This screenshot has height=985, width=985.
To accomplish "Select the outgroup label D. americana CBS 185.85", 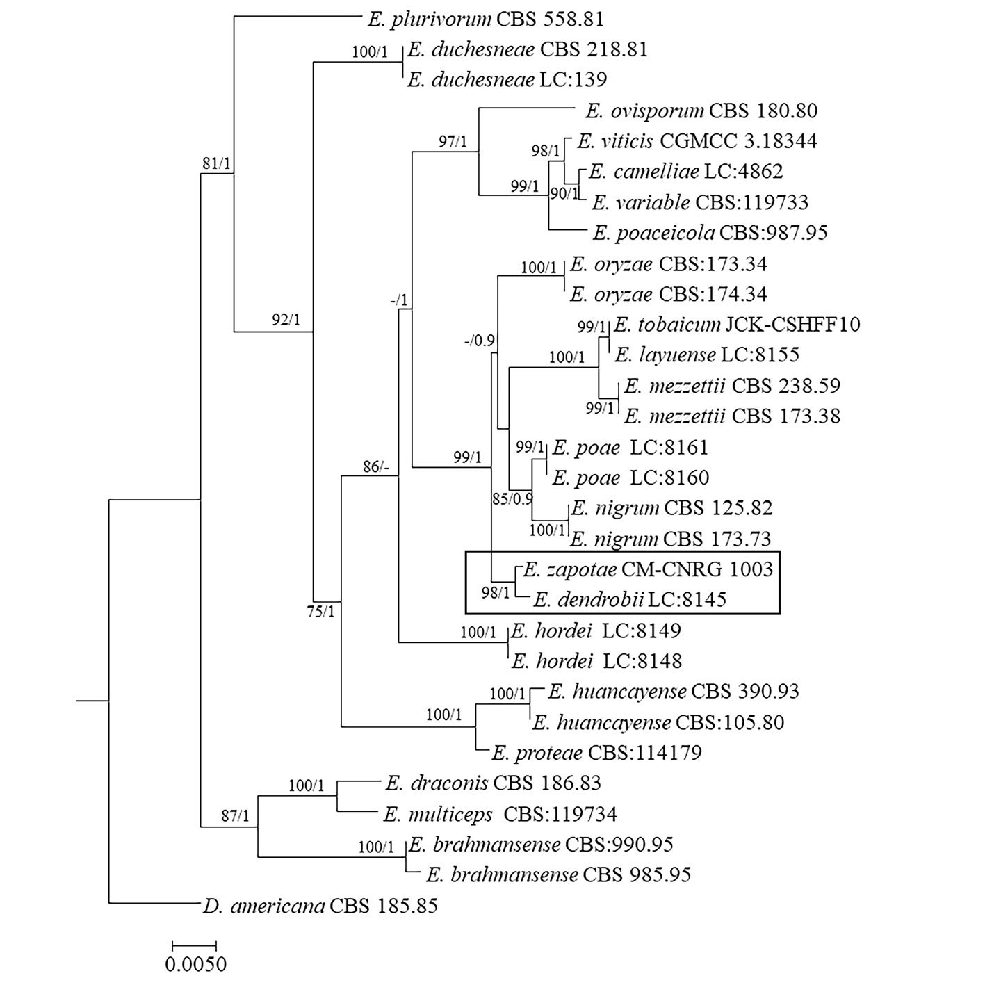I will (320, 906).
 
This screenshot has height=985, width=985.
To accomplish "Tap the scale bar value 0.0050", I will (195, 965).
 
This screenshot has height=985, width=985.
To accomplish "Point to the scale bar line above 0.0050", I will (195, 945).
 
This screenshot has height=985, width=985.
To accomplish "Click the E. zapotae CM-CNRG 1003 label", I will (646, 569).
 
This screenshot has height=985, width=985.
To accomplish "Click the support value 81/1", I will (216, 164).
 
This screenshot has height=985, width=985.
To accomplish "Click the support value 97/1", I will (453, 142).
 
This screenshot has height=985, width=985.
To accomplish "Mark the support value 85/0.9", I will (512, 498).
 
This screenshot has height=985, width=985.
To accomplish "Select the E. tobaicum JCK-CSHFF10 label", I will (737, 325).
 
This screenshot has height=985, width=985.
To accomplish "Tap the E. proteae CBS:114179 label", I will (596, 752).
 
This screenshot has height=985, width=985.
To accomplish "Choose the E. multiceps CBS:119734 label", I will (499, 813).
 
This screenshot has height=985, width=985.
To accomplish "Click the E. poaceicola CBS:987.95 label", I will (709, 232).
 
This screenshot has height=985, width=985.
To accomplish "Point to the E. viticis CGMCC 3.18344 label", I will (697, 141).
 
